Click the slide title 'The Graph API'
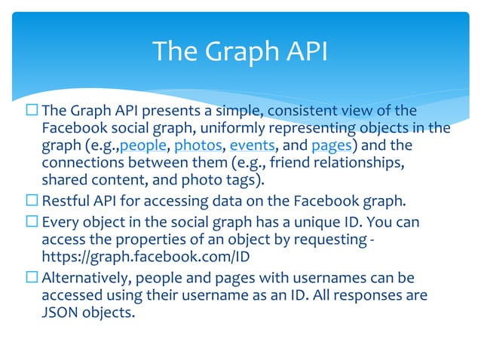coord(240,51)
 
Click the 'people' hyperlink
coord(143,145)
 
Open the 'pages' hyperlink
coord(329,145)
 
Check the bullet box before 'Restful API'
coord(31,202)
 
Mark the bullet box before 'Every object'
coord(31,221)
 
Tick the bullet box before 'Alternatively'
coord(31,277)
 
